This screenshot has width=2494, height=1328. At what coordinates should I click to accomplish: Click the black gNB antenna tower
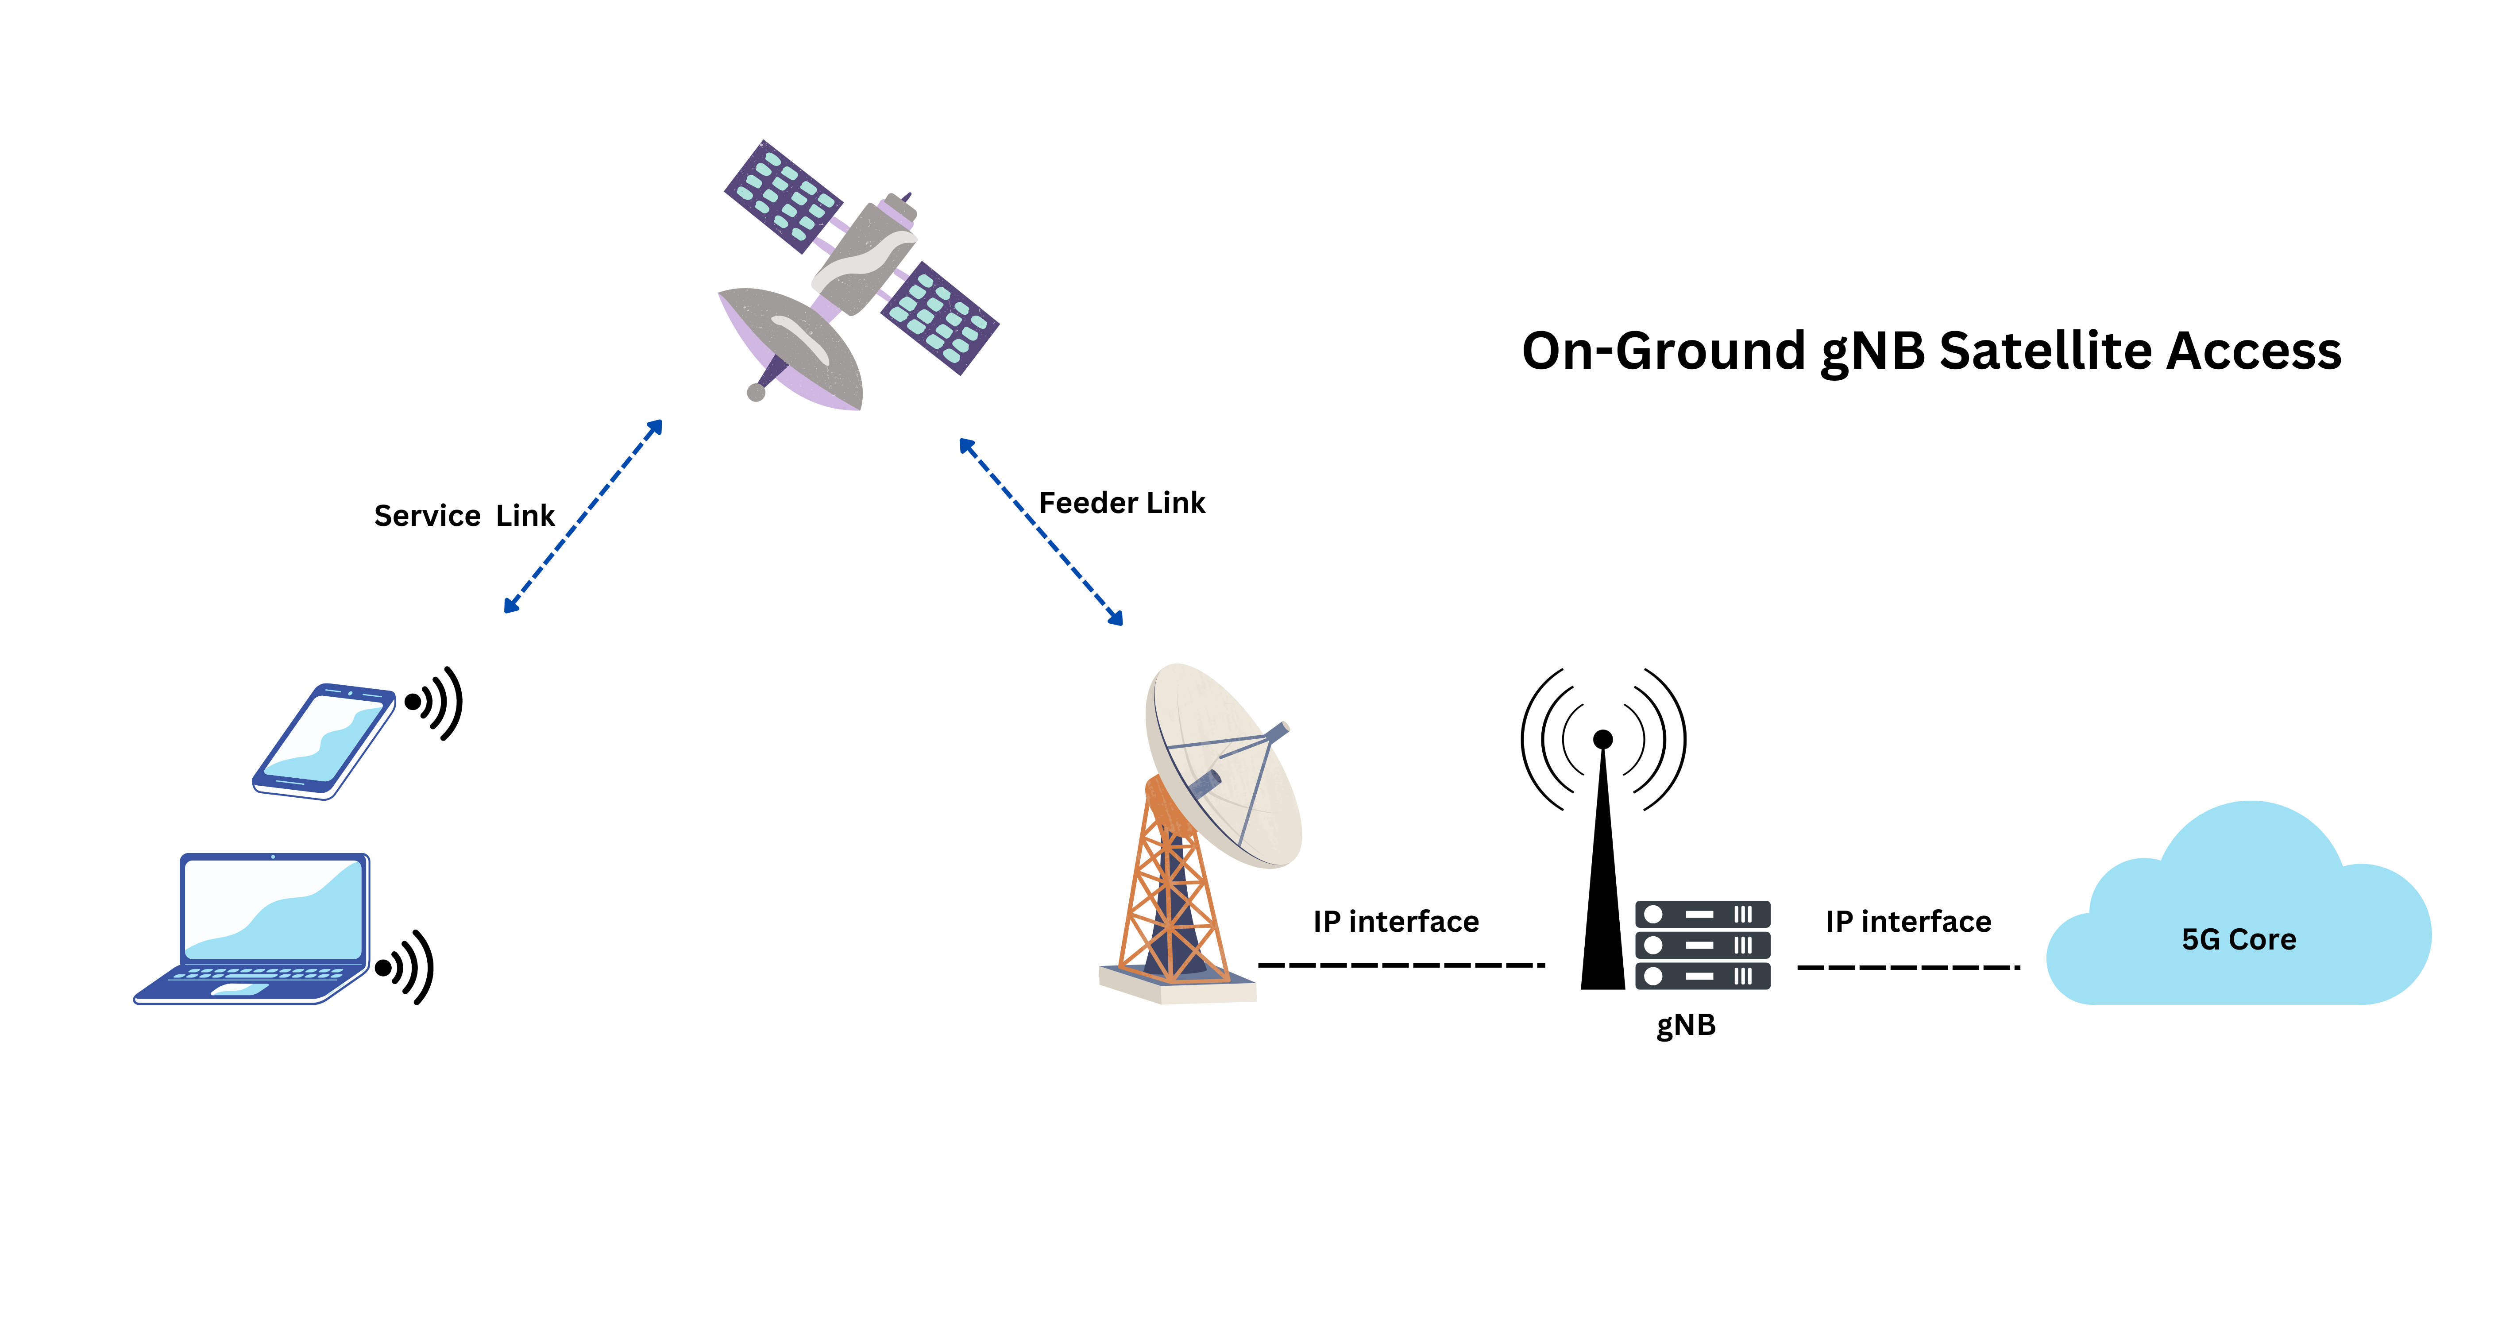click(x=1602, y=871)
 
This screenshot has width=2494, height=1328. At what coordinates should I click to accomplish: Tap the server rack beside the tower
click(x=1702, y=945)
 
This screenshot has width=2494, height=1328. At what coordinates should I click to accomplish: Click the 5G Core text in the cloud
click(x=2239, y=939)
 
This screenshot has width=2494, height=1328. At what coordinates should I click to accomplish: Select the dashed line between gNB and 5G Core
click(x=1907, y=966)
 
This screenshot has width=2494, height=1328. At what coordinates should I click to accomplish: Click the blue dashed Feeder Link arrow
click(x=1041, y=533)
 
